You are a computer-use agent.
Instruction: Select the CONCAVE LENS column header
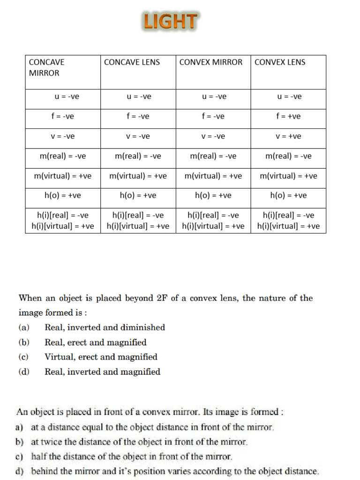132,62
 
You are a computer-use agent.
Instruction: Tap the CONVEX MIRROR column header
211,62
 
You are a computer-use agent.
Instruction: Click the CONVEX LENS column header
280,62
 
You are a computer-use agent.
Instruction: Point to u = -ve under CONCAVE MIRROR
63,97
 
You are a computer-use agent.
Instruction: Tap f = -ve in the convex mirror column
213,117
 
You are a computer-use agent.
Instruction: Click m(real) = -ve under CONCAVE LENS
138,156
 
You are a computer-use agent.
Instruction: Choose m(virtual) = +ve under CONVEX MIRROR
213,176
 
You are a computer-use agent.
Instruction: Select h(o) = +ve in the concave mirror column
63,195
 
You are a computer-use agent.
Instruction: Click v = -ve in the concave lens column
138,136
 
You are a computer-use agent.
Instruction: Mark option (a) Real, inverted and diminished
105,328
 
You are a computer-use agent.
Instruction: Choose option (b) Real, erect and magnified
96,343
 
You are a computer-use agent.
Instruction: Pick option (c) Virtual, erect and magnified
101,357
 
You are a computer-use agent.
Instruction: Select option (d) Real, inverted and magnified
102,372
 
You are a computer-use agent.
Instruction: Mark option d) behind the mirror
175,471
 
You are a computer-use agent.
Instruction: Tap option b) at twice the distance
139,442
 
